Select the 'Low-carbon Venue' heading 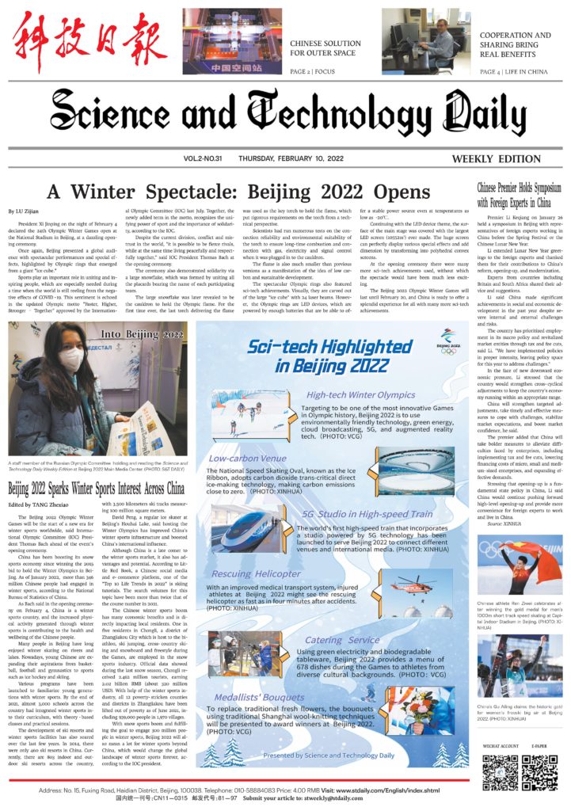click(247, 458)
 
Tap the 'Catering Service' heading click(342, 639)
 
